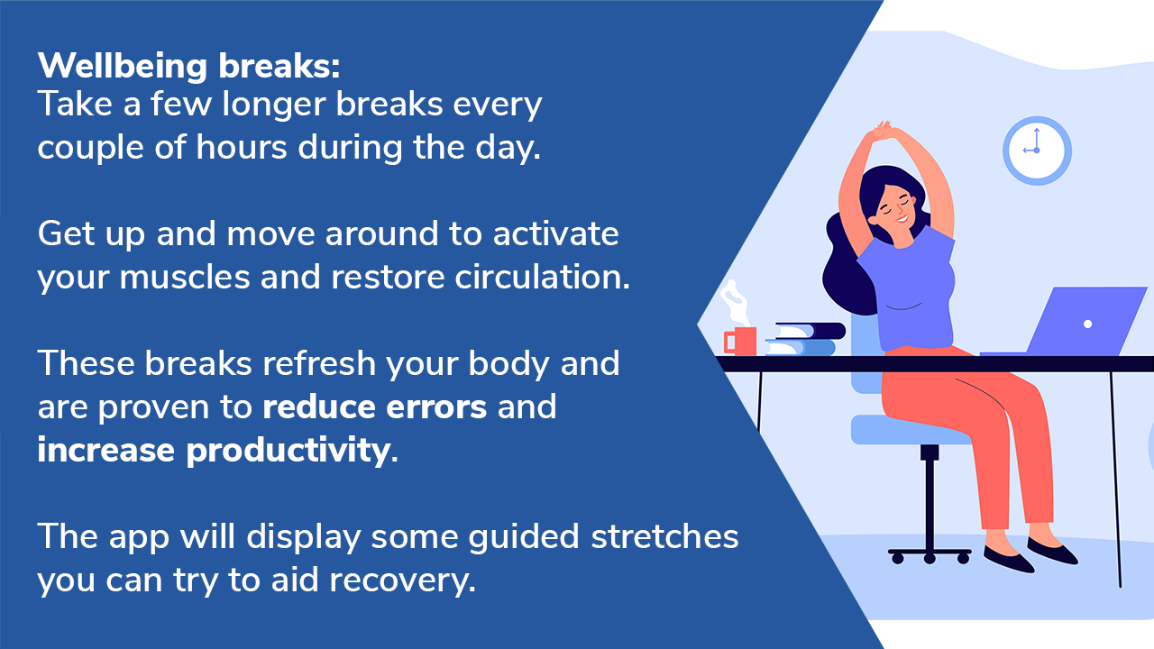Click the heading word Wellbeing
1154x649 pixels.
pos(122,67)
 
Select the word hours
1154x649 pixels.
pos(241,147)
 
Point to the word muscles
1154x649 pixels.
pos(184,277)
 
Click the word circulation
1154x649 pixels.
pos(542,277)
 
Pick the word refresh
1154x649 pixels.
pos(319,363)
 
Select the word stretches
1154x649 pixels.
pos(664,536)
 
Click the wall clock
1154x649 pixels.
pos(1037,151)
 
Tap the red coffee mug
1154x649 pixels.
pos(740,341)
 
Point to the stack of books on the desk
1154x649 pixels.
pos(805,339)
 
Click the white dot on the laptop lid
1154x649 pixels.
pos(1088,324)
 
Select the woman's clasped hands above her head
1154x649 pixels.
pos(883,131)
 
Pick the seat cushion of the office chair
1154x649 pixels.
pos(911,430)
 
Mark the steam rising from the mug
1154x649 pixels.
pos(735,303)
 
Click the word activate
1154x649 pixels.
pos(556,233)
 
